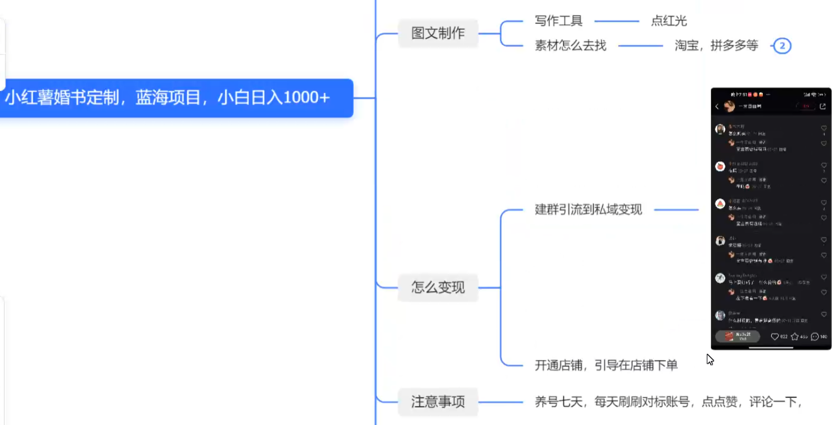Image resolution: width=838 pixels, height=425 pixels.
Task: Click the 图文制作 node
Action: coord(438,33)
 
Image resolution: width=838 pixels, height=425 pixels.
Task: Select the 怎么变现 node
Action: coord(438,287)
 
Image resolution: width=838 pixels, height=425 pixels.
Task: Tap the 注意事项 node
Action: coord(438,402)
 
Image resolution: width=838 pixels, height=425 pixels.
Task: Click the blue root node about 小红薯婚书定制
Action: coord(168,98)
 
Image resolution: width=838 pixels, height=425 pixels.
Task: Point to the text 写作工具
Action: coord(558,22)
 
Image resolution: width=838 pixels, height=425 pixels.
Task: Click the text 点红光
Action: coord(669,22)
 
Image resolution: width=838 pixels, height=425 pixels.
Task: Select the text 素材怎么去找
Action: coord(570,46)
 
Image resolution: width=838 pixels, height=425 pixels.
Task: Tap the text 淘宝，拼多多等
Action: coord(716,46)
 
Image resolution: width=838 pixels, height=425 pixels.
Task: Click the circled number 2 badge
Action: coord(782,46)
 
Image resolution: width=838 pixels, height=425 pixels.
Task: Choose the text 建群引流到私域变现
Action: coord(588,210)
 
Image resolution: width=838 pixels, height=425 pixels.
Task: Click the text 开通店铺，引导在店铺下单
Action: coord(606,365)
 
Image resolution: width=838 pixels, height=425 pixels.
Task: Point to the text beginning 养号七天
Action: coord(668,402)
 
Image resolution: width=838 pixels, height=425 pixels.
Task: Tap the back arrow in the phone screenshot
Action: coord(717,107)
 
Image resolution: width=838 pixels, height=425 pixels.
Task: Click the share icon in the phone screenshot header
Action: coord(823,107)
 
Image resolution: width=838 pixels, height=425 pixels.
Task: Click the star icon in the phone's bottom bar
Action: coord(795,337)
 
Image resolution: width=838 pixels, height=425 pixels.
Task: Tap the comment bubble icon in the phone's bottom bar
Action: coord(814,337)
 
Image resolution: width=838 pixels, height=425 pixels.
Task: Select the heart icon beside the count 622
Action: coord(775,337)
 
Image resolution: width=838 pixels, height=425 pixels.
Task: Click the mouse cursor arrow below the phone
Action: coord(709,359)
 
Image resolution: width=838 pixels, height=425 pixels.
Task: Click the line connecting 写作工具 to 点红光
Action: coord(616,22)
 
